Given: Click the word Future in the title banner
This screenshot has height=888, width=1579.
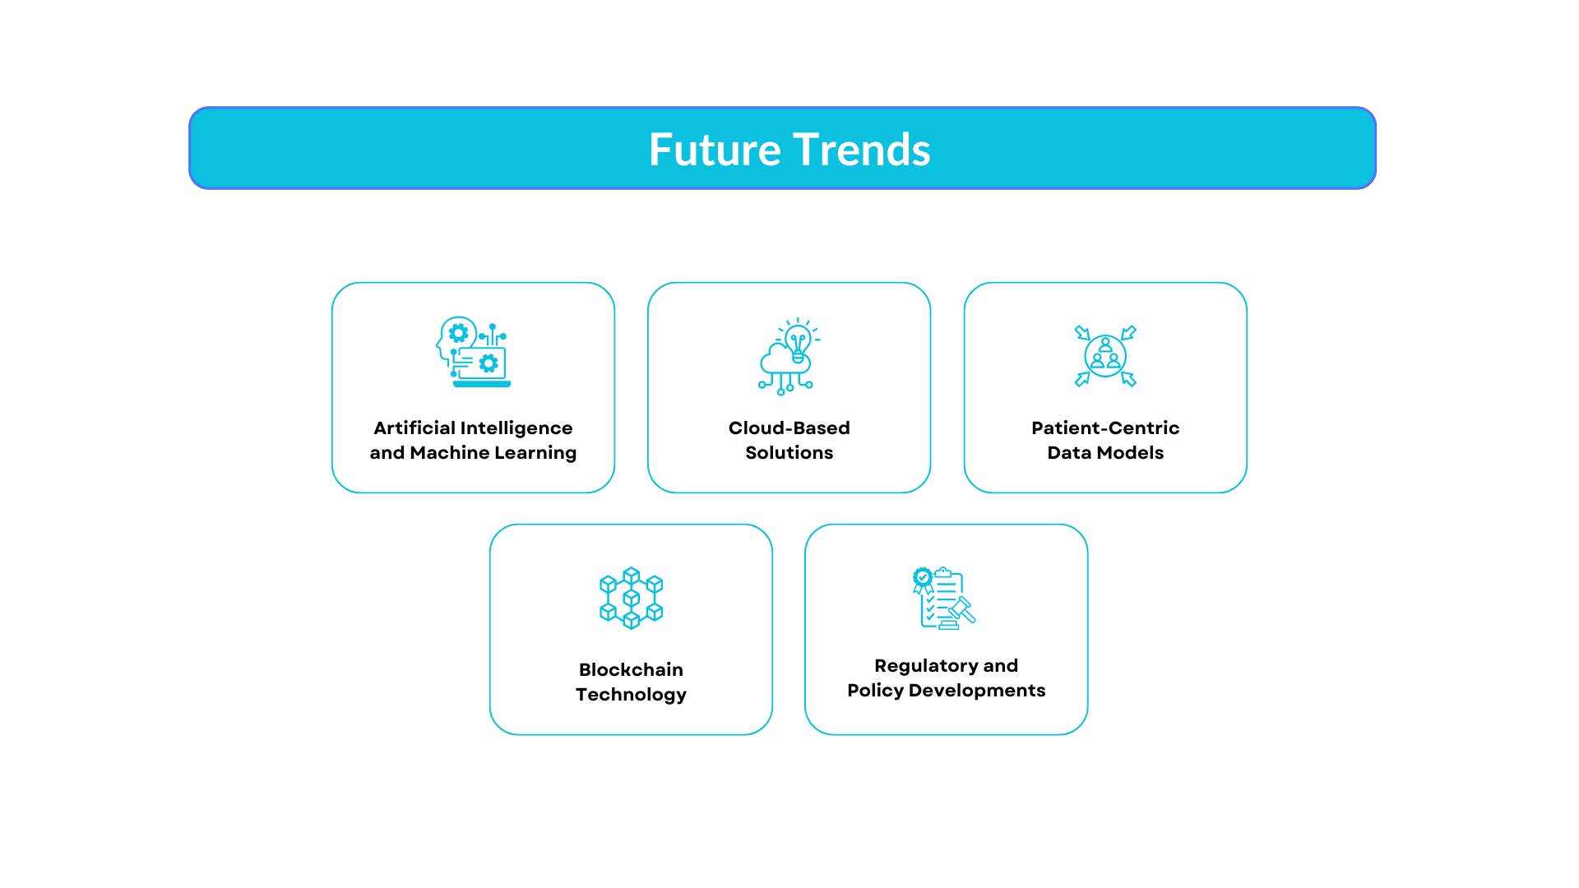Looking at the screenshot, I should (x=714, y=150).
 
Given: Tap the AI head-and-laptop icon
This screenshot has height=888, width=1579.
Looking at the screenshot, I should (x=473, y=352).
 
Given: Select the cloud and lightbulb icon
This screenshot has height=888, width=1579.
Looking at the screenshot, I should (x=789, y=356).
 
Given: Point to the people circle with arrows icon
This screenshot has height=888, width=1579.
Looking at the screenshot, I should (x=1105, y=356).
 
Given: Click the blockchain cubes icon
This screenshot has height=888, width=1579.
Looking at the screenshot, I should (x=631, y=598).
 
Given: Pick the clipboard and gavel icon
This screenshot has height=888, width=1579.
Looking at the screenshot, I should (x=944, y=598).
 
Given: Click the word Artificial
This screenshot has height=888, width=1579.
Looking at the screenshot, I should (x=414, y=428).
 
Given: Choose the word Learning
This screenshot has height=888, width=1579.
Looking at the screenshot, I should (x=535, y=453).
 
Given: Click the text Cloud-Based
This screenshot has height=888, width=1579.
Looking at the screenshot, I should (x=789, y=428).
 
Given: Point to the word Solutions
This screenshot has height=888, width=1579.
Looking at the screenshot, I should (x=789, y=453).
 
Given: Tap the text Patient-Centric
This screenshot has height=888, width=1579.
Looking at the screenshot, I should (x=1105, y=428).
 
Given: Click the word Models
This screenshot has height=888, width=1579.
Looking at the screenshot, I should (x=1135, y=453).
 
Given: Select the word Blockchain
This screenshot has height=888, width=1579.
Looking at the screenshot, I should (x=631, y=670).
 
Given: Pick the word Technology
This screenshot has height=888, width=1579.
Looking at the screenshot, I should (x=631, y=695).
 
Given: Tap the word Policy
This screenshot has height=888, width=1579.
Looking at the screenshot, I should (x=875, y=691).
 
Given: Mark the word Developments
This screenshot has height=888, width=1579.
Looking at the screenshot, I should (x=977, y=691).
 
